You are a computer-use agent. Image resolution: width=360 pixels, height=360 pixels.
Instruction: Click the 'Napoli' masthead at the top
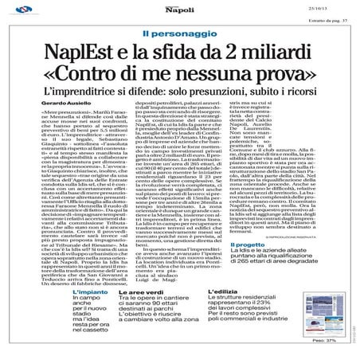tap(179, 11)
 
